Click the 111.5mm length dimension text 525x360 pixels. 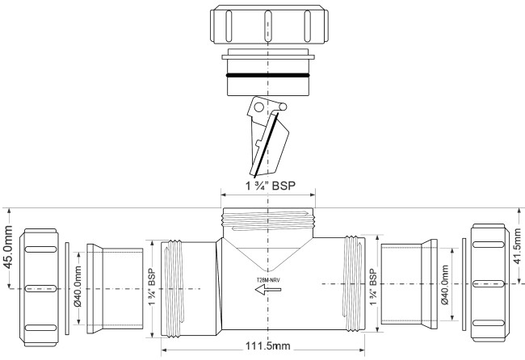pos(268,345)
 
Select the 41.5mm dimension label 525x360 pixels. pos(517,246)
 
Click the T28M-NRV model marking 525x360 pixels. pos(268,280)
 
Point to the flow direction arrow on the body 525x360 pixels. pos(268,290)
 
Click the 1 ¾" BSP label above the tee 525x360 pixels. pos(271,186)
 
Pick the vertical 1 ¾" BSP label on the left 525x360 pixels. pos(152,287)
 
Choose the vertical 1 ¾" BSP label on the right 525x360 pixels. pos(373,287)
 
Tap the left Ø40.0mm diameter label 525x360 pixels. pos(78,287)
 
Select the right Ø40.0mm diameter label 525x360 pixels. pos(445,284)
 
